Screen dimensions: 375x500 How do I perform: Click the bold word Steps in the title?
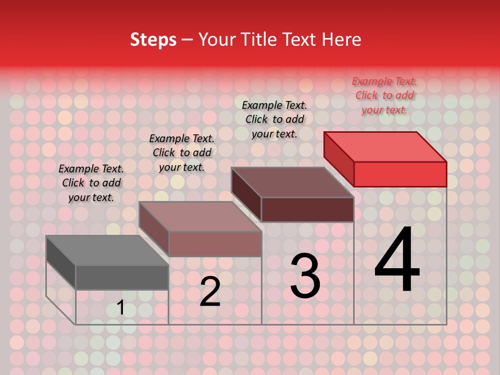(153, 40)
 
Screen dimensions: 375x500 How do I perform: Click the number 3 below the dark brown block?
(305, 276)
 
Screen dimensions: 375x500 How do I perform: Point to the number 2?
(210, 292)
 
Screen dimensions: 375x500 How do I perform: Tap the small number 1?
(121, 307)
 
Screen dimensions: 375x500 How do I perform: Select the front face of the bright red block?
(400, 174)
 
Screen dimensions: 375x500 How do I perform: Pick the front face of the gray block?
(122, 277)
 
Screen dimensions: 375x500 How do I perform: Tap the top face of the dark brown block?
(292, 182)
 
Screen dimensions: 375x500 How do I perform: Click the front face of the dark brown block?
(307, 209)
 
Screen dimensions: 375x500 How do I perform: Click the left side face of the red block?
(339, 156)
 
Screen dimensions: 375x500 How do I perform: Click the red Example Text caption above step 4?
(384, 95)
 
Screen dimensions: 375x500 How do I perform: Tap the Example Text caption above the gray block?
(91, 183)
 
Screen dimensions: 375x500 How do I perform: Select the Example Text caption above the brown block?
(274, 119)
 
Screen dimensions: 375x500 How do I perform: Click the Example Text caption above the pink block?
(182, 153)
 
